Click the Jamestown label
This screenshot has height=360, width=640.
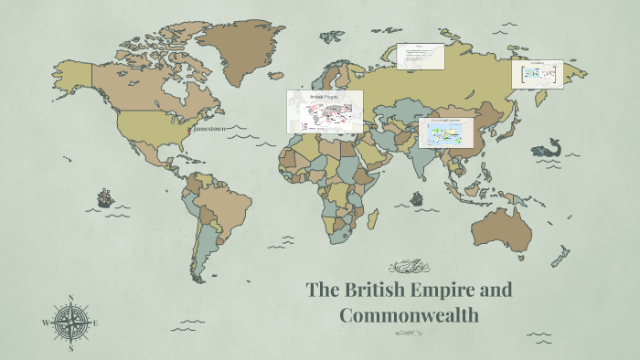coord(209,129)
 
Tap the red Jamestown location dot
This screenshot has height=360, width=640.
coord(189,130)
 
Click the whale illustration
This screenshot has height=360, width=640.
coord(547,147)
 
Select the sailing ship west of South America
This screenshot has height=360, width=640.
coord(104,196)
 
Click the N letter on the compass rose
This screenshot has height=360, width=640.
coord(70,298)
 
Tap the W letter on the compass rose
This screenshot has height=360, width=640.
coord(45,323)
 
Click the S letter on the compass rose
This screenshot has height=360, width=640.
coord(70,347)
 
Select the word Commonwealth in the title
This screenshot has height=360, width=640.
coord(409,315)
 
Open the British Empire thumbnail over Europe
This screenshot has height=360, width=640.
coord(325,111)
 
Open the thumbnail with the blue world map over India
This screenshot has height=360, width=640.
coord(445,132)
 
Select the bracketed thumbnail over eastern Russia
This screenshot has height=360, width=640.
coord(537,74)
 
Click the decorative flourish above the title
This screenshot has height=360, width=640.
coord(409,267)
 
